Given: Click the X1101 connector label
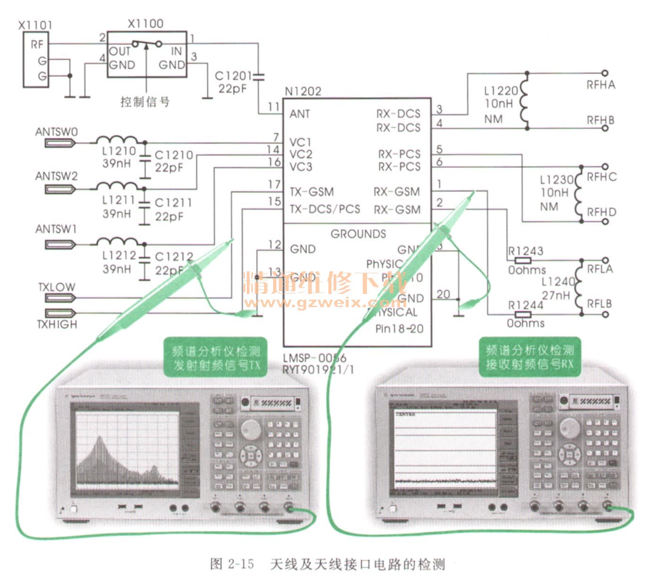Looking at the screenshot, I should [35, 24].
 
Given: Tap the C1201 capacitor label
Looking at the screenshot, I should [233, 76].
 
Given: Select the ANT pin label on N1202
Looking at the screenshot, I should [300, 114].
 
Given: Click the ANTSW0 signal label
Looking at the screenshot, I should [56, 132].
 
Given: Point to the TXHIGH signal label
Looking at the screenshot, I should [57, 324].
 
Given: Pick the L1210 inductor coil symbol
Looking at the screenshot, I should [117, 140].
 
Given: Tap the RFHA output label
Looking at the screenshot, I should [601, 85].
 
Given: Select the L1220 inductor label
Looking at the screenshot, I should [501, 90].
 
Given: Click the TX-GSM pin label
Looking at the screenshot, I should [311, 192].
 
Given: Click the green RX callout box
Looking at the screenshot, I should [529, 357].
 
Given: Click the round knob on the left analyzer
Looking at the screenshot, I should [250, 429].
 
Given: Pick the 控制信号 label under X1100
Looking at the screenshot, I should [145, 101].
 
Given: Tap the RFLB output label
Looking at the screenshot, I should [599, 304].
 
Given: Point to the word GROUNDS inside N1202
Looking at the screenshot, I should [358, 234].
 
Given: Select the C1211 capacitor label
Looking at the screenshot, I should [173, 203].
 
